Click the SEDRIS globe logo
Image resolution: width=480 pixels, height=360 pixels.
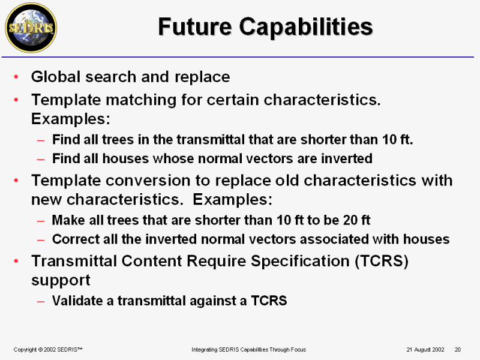[x=31, y=28]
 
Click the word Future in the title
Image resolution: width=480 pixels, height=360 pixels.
[x=195, y=26]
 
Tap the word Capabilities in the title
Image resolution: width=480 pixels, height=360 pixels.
[x=306, y=27]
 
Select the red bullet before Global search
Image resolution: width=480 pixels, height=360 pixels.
[x=16, y=76]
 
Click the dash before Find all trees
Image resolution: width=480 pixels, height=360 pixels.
[x=41, y=140]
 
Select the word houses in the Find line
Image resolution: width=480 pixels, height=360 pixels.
[x=125, y=158]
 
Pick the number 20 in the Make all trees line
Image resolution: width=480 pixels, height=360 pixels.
[x=350, y=220]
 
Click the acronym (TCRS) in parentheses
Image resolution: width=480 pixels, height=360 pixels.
[x=382, y=261]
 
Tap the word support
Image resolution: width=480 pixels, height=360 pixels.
[x=61, y=280]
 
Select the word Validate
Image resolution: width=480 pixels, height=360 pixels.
[x=77, y=301]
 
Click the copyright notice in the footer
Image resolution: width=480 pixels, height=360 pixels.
[x=48, y=350]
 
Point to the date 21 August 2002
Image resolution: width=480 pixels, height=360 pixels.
[x=425, y=350]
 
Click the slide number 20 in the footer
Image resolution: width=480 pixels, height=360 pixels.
[x=458, y=350]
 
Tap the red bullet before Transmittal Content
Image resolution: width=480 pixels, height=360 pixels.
[x=16, y=261]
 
